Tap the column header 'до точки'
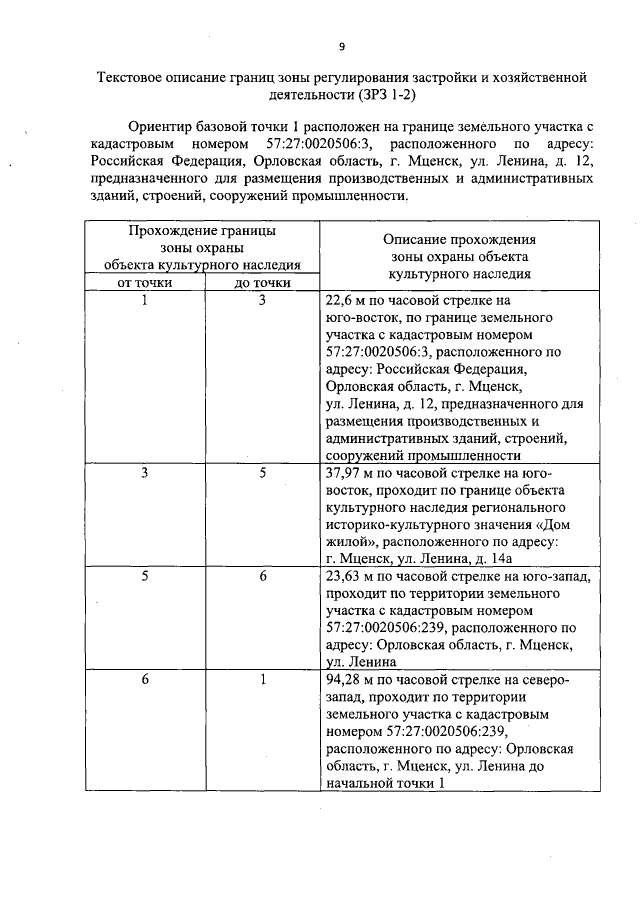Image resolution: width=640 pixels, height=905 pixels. (x=262, y=283)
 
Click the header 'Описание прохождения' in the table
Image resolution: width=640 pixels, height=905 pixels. (x=459, y=240)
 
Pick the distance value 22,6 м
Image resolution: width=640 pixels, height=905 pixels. (x=349, y=300)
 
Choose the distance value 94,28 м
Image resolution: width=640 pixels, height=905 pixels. (x=353, y=680)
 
